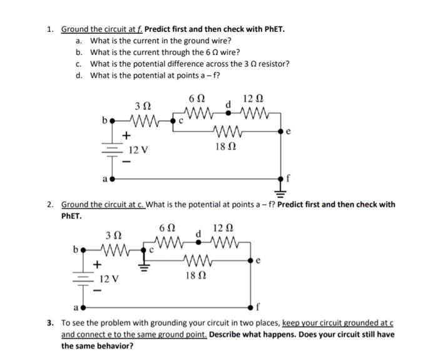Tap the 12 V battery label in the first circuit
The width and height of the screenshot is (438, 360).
point(138,150)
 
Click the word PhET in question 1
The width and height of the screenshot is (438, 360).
point(273,29)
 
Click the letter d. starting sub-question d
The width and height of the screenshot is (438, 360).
point(78,76)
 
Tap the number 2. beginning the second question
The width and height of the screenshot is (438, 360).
point(50,204)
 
